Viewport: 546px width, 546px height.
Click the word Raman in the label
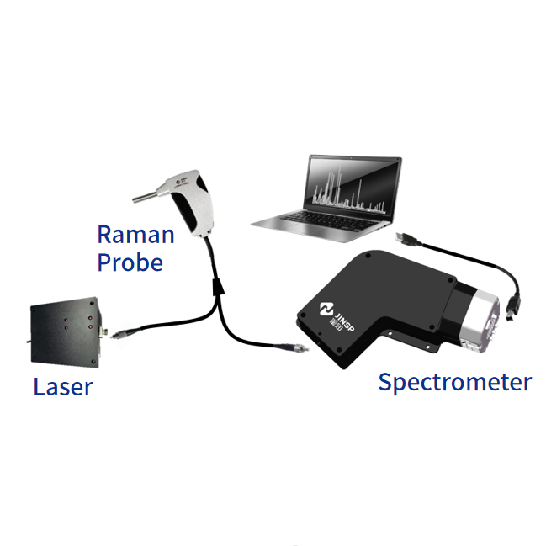pos(135,233)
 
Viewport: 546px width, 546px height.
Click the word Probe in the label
pos(130,262)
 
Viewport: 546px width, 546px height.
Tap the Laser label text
pos(63,388)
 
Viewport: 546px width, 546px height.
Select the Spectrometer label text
pos(454,383)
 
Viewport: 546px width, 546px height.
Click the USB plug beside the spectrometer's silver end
pos(515,304)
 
